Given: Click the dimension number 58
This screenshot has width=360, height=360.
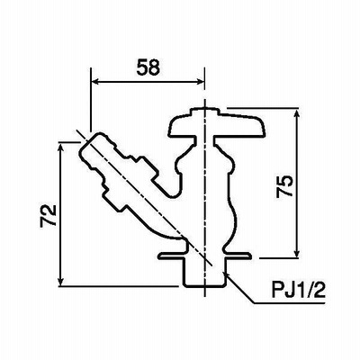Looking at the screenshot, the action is pyautogui.click(x=148, y=67).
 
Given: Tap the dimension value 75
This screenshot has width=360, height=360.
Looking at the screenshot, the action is pyautogui.click(x=284, y=185).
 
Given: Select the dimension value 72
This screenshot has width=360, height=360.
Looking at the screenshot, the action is pyautogui.click(x=49, y=215).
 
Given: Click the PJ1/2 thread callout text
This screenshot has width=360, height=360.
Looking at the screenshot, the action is pyautogui.click(x=298, y=290).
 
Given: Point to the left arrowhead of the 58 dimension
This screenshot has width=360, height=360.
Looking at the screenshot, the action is pyautogui.click(x=95, y=81).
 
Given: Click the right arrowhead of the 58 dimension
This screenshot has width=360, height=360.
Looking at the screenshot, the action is pyautogui.click(x=200, y=81).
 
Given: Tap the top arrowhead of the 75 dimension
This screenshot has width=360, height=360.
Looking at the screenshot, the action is pyautogui.click(x=297, y=114).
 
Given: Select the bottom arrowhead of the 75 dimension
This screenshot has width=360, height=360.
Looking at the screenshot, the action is pyautogui.click(x=297, y=253).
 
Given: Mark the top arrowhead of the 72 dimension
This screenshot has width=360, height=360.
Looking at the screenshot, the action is pyautogui.click(x=61, y=148).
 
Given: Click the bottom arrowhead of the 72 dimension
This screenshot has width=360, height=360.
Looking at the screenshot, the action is pyautogui.click(x=61, y=281).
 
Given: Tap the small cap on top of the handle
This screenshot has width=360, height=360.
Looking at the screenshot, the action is pyautogui.click(x=204, y=112).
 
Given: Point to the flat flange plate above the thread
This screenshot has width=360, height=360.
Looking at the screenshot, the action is pyautogui.click(x=204, y=256).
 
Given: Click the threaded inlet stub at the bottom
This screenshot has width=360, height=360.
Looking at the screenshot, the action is pyautogui.click(x=204, y=272).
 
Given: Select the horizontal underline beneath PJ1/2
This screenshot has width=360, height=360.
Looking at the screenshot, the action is pyautogui.click(x=290, y=303).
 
